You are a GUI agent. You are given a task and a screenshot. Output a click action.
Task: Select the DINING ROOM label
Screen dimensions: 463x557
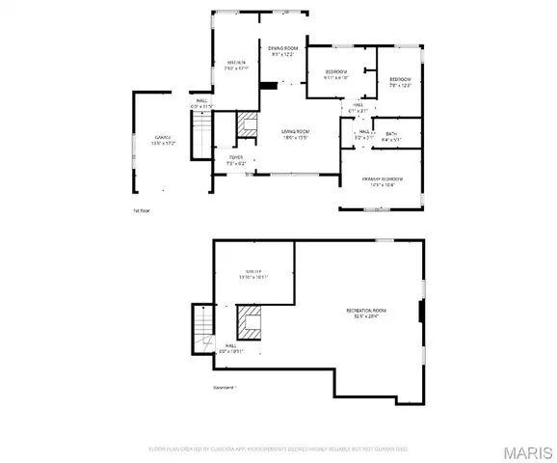283,48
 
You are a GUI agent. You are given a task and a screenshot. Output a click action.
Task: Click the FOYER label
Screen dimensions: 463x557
235,157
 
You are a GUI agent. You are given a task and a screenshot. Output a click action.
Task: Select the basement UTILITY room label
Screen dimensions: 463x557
252,274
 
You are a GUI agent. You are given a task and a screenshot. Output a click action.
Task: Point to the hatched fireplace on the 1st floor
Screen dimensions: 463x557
247,123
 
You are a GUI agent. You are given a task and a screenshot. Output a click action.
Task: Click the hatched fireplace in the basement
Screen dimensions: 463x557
250,322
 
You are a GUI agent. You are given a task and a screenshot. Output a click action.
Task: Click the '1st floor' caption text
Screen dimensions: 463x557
142,209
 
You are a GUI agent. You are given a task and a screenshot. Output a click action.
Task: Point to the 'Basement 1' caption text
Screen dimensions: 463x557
225,388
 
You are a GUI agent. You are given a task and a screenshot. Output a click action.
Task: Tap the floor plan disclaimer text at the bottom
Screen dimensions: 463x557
278,449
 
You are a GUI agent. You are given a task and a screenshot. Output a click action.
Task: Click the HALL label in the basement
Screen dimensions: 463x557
231,345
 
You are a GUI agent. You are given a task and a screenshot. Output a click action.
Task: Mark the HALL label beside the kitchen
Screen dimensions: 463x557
202,100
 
